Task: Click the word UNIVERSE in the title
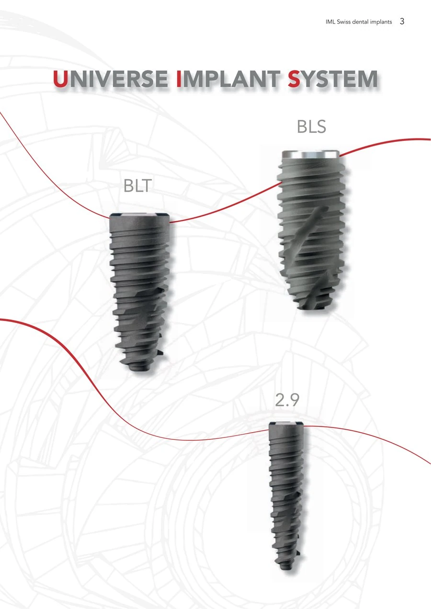coord(111,79)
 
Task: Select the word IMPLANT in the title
coord(228,79)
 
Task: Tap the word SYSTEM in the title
coord(333,79)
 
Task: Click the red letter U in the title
coord(60,79)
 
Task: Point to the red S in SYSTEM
coord(295,79)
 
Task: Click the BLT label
coord(137,186)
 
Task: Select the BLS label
coord(311,126)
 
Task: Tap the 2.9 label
coord(287,400)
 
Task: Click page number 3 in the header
coord(402,21)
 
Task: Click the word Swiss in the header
coord(343,22)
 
